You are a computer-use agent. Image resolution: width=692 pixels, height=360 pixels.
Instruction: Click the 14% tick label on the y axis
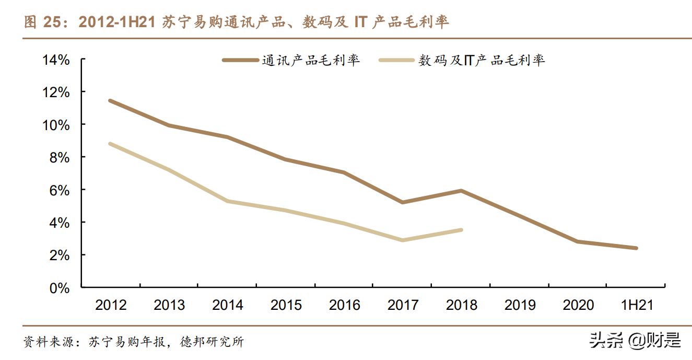tap(56, 60)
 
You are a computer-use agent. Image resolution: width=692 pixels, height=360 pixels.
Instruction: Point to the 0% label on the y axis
tap(60, 287)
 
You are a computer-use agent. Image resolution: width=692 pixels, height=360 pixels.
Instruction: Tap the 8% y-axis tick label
tap(60, 157)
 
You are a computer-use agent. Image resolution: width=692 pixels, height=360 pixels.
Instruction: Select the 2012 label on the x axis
tap(111, 305)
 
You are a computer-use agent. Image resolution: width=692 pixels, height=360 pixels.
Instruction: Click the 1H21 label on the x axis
tap(636, 305)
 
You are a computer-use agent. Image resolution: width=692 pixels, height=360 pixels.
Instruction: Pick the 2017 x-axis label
tap(403, 305)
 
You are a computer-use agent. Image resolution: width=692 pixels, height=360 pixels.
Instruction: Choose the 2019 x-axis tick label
tap(520, 305)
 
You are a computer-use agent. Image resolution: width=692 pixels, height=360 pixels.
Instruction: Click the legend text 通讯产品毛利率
tap(311, 60)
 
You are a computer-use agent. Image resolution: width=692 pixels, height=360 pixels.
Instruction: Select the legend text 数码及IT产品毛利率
tap(482, 60)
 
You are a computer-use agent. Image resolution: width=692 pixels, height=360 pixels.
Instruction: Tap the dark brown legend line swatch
tap(241, 60)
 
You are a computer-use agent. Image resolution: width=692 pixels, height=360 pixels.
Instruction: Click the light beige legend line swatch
tap(398, 60)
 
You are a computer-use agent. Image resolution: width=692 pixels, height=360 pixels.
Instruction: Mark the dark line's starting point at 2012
tap(110, 100)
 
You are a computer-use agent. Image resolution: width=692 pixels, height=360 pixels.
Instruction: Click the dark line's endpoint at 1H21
tap(636, 248)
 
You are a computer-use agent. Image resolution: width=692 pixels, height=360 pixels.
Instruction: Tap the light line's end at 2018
tap(461, 229)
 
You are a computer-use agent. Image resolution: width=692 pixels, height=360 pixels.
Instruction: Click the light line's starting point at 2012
tap(110, 144)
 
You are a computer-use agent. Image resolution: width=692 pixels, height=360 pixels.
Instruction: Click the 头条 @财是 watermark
tap(635, 341)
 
